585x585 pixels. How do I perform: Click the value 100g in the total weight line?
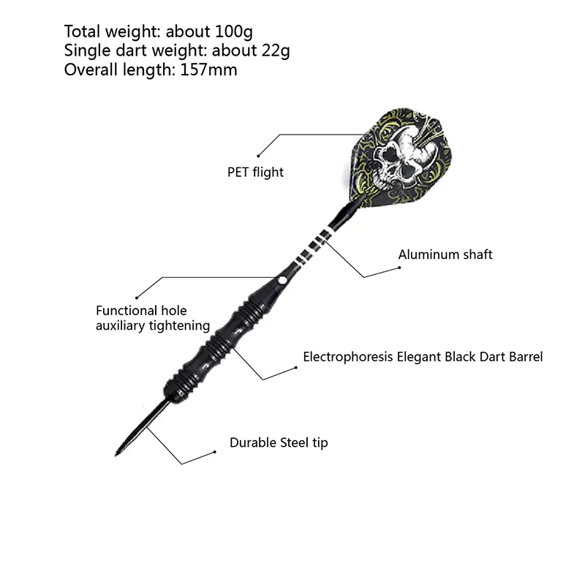click(x=234, y=32)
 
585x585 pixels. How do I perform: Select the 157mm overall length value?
click(x=208, y=69)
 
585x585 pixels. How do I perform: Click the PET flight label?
click(x=255, y=173)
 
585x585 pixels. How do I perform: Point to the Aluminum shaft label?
click(x=445, y=254)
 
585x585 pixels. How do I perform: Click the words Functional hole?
click(x=141, y=310)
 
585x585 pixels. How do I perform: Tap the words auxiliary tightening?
click(x=153, y=325)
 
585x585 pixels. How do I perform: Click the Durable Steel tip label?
click(x=279, y=443)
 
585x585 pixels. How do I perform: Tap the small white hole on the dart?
click(x=282, y=280)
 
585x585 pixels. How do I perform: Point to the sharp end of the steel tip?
click(x=116, y=455)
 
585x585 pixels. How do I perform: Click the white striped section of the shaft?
click(x=313, y=246)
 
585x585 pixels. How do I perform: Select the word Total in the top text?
click(x=83, y=31)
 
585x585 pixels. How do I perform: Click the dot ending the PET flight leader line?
click(x=258, y=156)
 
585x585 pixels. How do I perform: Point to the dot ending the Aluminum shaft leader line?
click(x=399, y=268)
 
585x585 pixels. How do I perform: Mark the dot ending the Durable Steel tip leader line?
click(x=214, y=452)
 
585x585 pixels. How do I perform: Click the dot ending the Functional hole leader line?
click(x=137, y=298)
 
